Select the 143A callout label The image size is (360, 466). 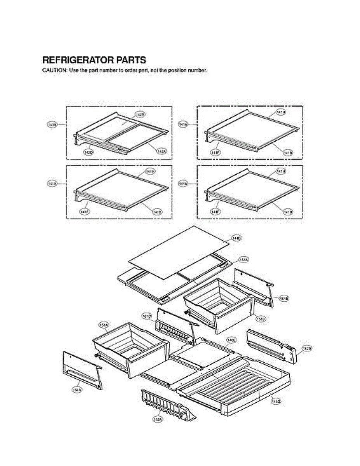[52, 124]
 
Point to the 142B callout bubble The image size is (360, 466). [139, 115]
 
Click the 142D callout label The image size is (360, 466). [89, 152]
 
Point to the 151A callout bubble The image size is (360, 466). [104, 325]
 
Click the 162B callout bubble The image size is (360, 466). [306, 349]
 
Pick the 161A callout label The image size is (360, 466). [77, 389]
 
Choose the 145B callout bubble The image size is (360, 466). [276, 400]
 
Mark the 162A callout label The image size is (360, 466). [157, 419]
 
